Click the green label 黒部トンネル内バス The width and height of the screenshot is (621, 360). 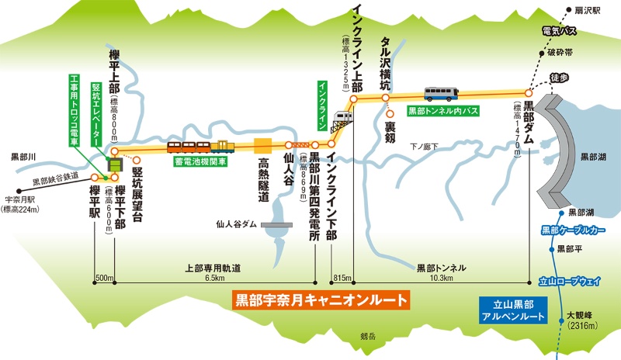443,111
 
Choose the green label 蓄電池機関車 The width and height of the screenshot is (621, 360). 200,162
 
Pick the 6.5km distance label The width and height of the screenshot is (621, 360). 215,278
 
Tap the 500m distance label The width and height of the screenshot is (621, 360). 105,278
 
